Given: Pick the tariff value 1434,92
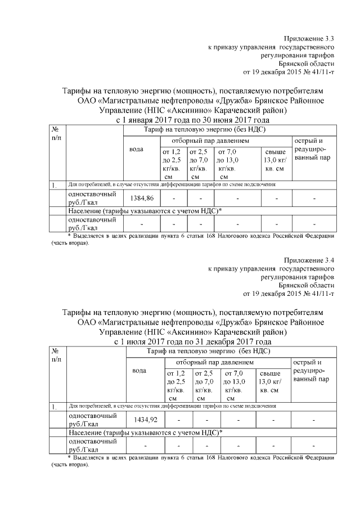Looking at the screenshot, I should click(145, 419).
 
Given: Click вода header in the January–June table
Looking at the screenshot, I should click(137, 149).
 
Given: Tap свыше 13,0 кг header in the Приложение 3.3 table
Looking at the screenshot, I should click(275, 160).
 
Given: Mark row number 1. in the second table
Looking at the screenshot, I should click(55, 406).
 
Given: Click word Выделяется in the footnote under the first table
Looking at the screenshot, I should click(91, 236).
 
